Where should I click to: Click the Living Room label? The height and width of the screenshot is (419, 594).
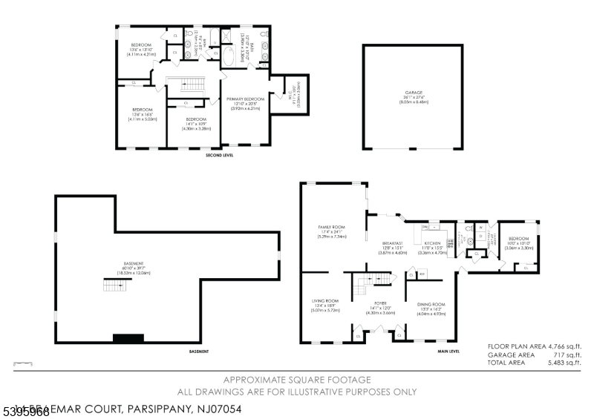point(324,303)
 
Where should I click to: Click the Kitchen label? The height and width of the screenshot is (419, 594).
point(433,245)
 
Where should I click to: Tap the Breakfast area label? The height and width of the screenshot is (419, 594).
point(392,245)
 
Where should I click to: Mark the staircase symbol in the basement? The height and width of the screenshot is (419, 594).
point(112,285)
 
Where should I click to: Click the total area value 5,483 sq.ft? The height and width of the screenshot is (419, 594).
point(564,363)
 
